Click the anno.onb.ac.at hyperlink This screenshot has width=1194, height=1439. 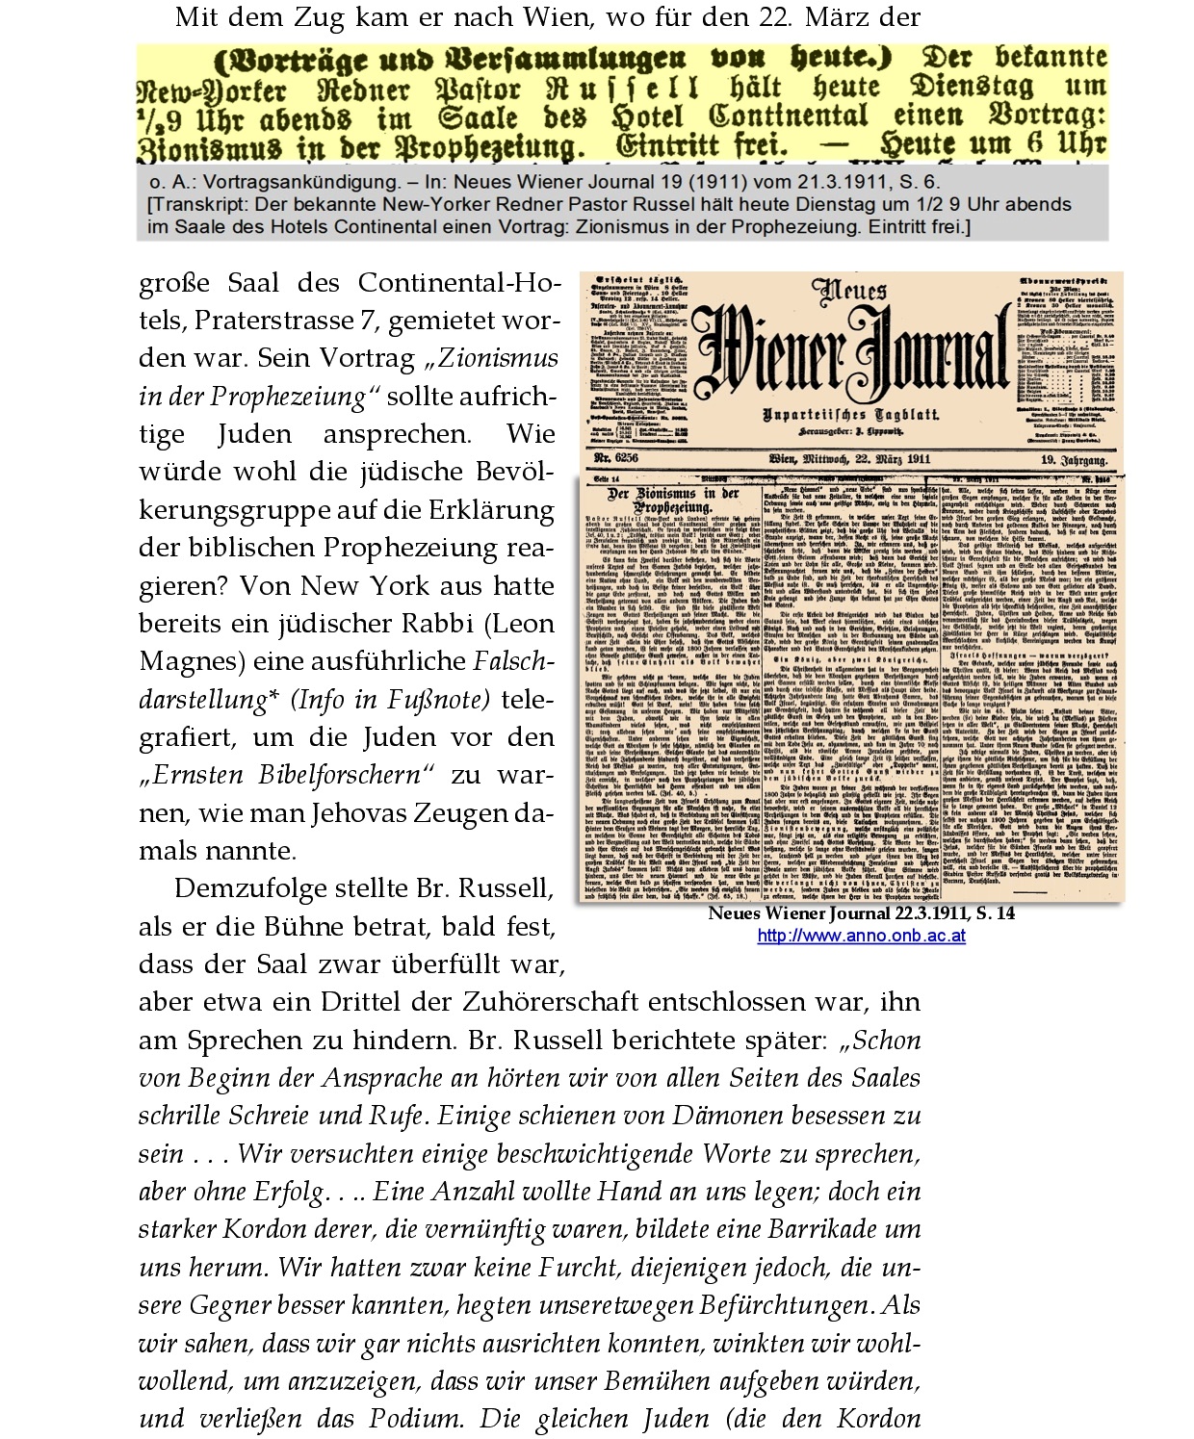point(861,936)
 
